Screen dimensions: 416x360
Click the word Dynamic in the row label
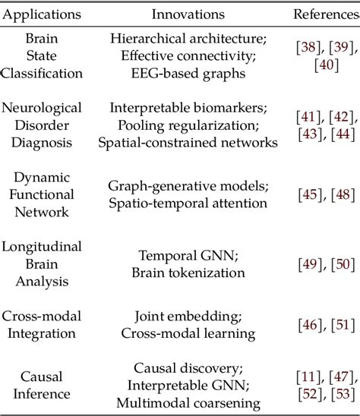click(x=42, y=178)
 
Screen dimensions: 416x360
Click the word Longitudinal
click(x=42, y=247)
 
